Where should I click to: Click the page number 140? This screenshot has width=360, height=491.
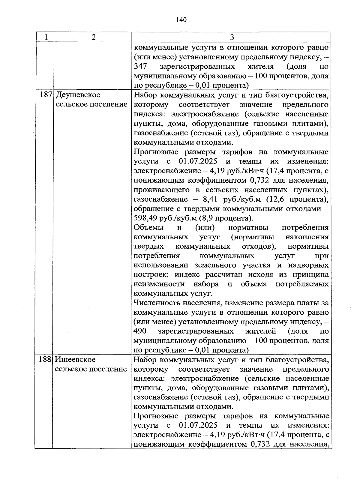(x=181, y=20)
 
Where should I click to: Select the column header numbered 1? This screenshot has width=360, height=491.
(x=46, y=37)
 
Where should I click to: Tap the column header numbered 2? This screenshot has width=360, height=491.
(x=94, y=37)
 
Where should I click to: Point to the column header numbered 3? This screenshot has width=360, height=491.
(x=231, y=37)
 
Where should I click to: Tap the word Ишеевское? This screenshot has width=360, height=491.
(x=76, y=359)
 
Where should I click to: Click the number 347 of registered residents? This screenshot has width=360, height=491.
(x=140, y=67)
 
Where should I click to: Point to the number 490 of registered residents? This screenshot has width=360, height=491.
(x=140, y=331)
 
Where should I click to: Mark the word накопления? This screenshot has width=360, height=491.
(x=307, y=237)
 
